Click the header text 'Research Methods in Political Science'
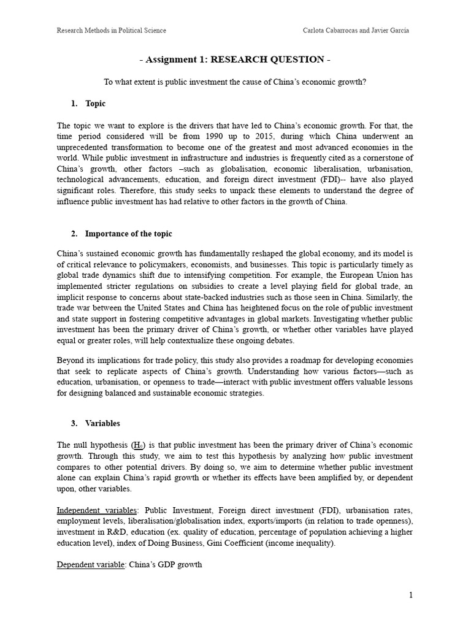tap(111, 30)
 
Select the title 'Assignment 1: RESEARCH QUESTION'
tap(235, 59)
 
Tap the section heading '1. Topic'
tap(88, 104)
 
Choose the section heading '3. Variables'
tap(95, 423)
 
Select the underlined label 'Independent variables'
tap(97, 510)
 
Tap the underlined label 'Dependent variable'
tap(91, 565)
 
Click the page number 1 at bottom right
tap(412, 595)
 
